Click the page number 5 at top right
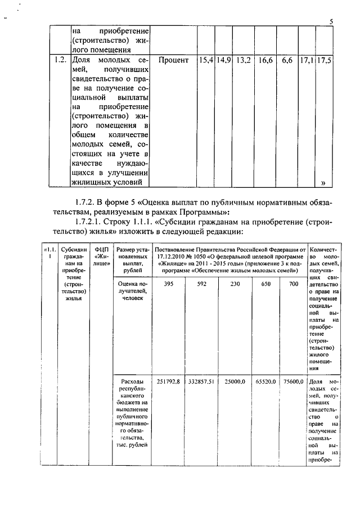point(331,22)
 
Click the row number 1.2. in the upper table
point(60,60)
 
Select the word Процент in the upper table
point(174,60)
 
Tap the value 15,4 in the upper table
point(206,60)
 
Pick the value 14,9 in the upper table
point(224,60)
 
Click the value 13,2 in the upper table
point(244,60)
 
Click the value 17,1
point(307,60)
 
